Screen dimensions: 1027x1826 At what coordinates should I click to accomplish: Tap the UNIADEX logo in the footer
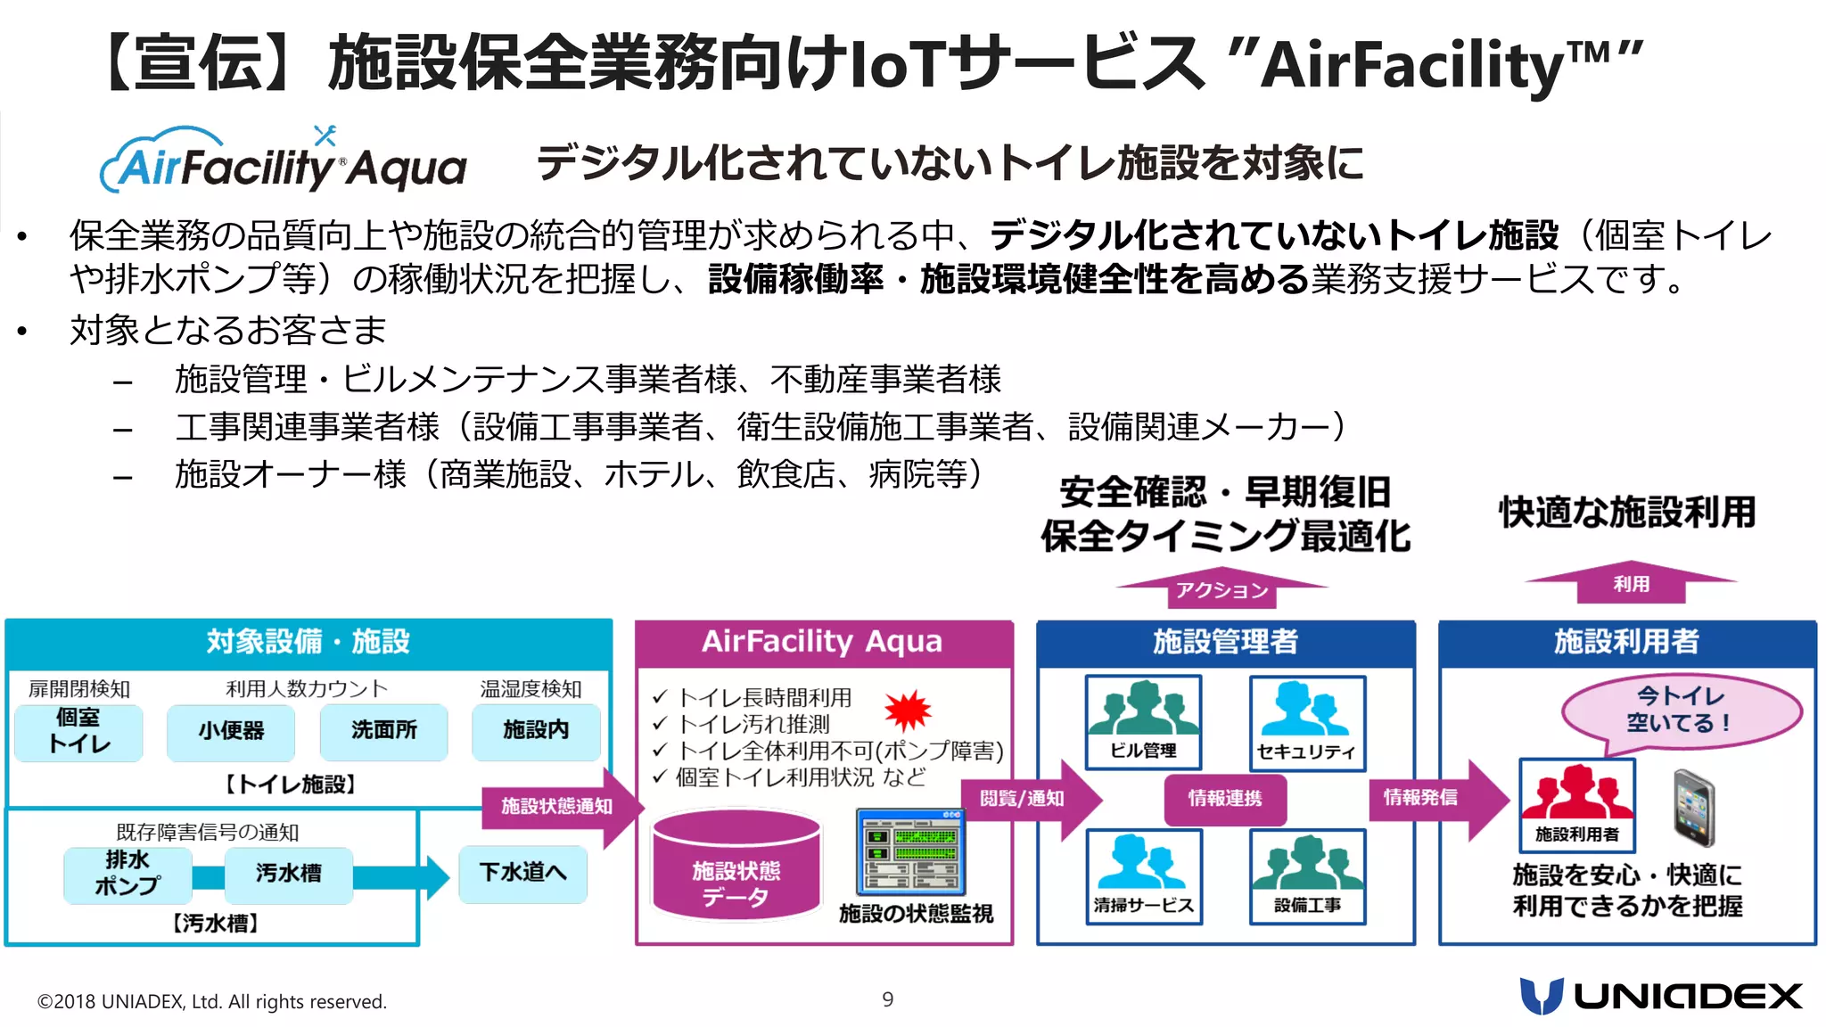[x=1660, y=996]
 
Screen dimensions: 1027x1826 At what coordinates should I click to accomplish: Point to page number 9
[x=887, y=999]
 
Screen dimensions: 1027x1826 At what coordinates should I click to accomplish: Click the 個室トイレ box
[x=78, y=732]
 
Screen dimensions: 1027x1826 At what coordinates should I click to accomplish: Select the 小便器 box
[x=231, y=732]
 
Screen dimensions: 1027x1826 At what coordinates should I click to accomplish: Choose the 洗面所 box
[x=383, y=731]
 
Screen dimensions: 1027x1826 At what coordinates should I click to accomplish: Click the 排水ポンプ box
[x=127, y=874]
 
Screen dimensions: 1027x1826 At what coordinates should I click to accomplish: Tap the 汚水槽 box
[x=288, y=874]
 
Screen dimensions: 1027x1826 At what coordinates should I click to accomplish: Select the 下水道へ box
[x=522, y=873]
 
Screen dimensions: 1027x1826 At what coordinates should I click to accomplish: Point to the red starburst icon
[x=907, y=711]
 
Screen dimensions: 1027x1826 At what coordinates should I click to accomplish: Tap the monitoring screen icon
[x=909, y=851]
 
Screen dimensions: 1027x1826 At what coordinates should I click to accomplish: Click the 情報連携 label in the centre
[x=1225, y=799]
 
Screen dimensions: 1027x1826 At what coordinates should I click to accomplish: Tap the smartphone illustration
[x=1693, y=808]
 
